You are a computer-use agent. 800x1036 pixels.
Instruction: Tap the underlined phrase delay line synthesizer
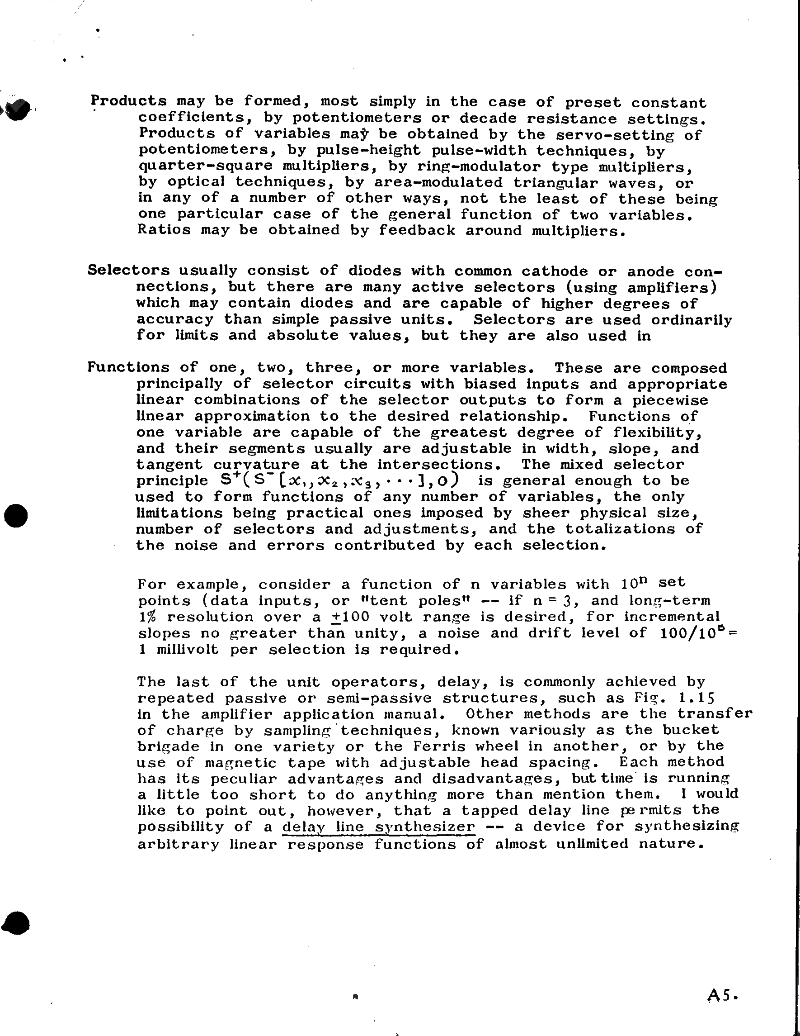(x=378, y=827)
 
